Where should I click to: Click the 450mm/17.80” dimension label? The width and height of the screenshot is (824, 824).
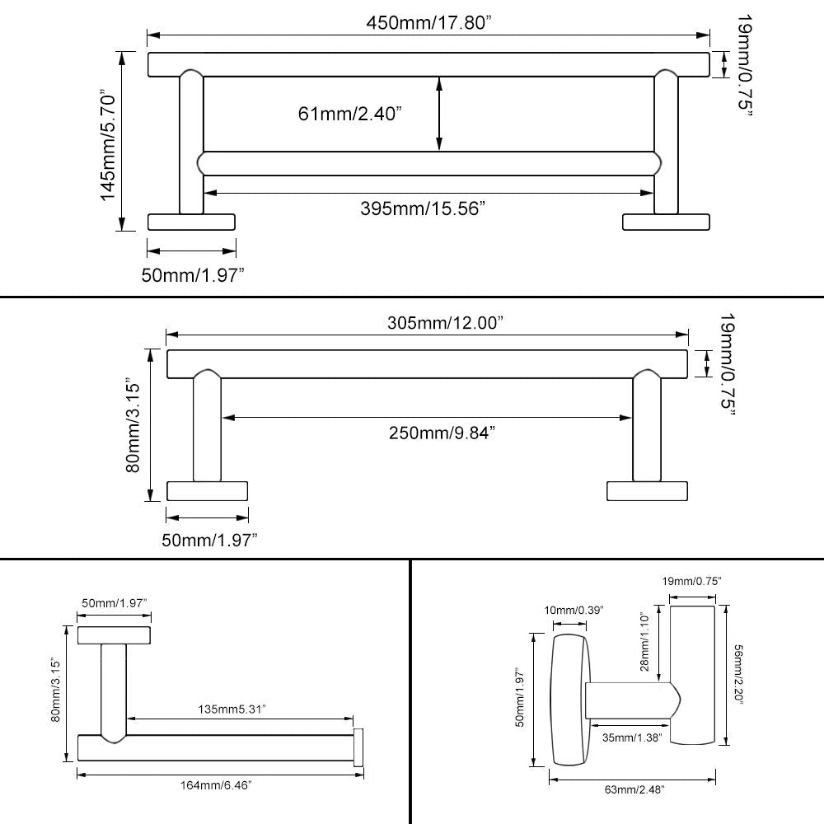[428, 23]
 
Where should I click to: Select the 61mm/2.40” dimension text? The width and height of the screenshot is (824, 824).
[350, 114]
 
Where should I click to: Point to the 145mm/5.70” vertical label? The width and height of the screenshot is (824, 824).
[108, 147]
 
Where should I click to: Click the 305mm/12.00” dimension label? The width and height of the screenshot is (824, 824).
[446, 323]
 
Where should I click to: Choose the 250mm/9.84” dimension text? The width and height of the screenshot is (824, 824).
[442, 433]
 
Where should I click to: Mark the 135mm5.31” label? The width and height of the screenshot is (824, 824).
[232, 709]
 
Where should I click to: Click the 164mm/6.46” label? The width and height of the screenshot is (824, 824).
[216, 785]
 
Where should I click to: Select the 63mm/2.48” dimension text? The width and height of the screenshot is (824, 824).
[634, 789]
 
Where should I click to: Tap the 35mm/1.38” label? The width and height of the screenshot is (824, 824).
[632, 737]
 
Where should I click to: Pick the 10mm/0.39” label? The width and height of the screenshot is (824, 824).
[574, 610]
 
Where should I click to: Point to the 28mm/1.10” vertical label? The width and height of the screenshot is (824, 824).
[645, 642]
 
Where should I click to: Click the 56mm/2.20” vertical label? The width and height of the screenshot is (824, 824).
[738, 676]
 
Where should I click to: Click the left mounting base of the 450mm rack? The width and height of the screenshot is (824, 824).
[191, 222]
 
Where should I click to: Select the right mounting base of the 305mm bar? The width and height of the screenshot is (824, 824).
[648, 491]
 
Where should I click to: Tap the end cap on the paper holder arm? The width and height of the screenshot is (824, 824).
[359, 747]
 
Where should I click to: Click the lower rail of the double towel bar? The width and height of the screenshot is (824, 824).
[429, 163]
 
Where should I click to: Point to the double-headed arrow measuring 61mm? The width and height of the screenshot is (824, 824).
[439, 114]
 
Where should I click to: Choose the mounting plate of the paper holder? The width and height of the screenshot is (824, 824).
[114, 635]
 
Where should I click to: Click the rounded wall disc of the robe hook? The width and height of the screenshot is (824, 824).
[570, 700]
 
